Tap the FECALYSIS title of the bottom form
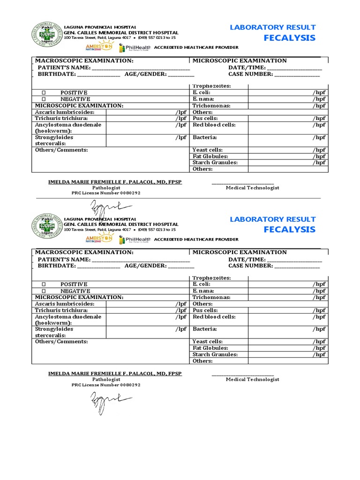[x=289, y=230]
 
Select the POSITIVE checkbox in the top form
[x=44, y=93]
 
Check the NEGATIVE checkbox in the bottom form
[x=44, y=291]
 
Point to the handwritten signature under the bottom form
[x=105, y=400]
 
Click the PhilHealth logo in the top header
[x=135, y=47]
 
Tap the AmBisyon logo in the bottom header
[x=99, y=239]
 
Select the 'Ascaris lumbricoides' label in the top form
[x=65, y=112]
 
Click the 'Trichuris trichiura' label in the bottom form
[x=61, y=310]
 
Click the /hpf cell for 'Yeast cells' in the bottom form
[x=288, y=342]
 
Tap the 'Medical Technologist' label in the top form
[x=252, y=187]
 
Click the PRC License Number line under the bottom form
[x=105, y=385]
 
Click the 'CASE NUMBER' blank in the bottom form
[x=297, y=266]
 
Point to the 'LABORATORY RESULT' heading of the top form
[x=272, y=28]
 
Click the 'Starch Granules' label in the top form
[x=215, y=163]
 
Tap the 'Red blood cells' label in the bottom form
[x=214, y=317]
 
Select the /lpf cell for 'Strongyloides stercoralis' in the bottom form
[x=146, y=332]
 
